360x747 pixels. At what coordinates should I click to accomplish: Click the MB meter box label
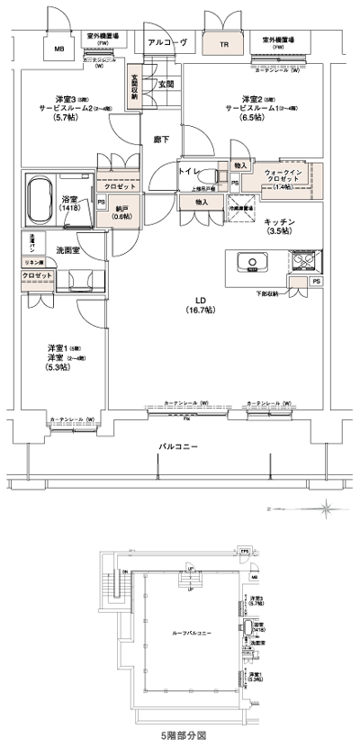[59, 49]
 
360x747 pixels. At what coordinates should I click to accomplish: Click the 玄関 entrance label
[166, 85]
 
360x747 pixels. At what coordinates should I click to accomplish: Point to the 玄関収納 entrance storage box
[134, 85]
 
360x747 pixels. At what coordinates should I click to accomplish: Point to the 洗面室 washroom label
[70, 249]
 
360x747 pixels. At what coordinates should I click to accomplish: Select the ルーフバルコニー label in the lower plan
[191, 634]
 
